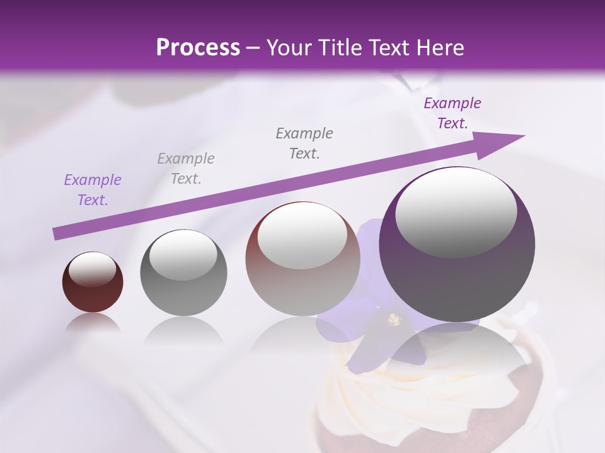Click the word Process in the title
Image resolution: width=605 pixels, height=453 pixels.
[x=198, y=48]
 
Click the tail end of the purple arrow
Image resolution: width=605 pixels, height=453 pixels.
[x=57, y=234]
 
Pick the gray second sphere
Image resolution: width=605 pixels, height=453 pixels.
[x=183, y=272]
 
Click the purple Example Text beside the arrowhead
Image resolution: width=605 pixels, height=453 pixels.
[x=452, y=113]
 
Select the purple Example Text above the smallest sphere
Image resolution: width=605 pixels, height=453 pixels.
[x=92, y=190]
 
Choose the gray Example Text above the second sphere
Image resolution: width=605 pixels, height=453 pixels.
[x=185, y=169]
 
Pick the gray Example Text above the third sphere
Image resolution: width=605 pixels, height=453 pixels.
[x=304, y=143]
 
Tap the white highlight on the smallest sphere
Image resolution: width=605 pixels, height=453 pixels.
[x=92, y=269]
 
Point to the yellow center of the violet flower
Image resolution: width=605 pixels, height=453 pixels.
[x=394, y=320]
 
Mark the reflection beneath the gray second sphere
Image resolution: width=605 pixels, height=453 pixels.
[x=183, y=331]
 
